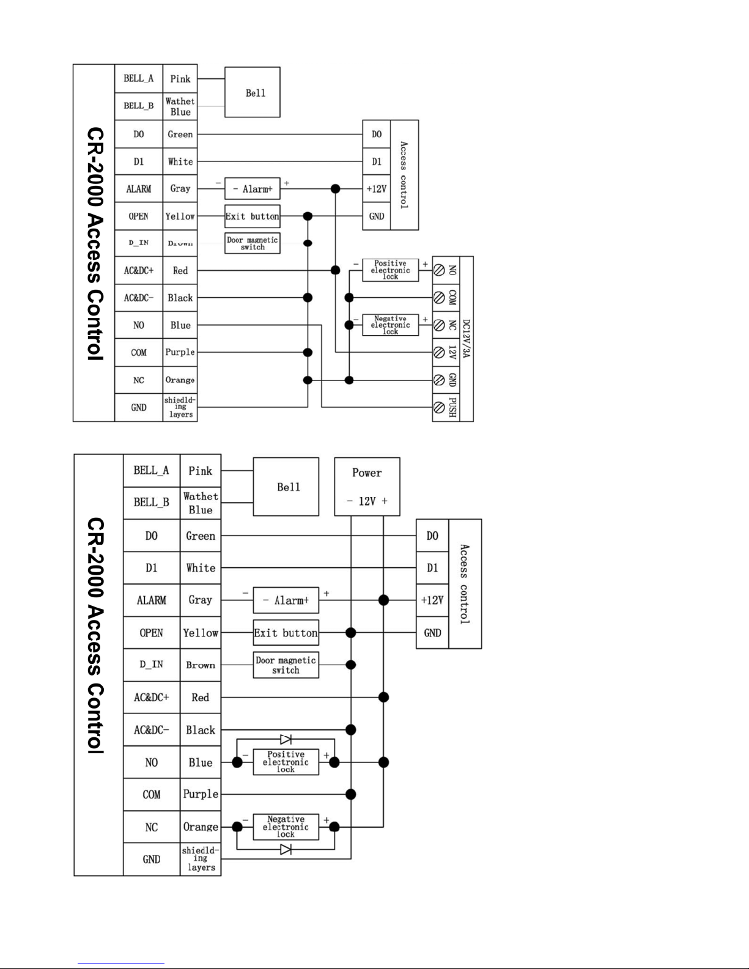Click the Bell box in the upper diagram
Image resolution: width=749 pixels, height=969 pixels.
(x=252, y=92)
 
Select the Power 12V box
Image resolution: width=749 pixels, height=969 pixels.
(x=367, y=487)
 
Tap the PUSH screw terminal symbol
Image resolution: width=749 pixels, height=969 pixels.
(x=438, y=407)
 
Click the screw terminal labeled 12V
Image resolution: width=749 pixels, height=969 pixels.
(x=438, y=352)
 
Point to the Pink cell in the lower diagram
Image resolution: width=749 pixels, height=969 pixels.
(x=200, y=471)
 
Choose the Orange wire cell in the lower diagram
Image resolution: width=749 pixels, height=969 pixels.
(x=200, y=827)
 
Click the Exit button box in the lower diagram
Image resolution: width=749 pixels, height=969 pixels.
(x=286, y=633)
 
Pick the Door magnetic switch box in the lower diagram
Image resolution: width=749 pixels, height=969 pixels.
(x=286, y=665)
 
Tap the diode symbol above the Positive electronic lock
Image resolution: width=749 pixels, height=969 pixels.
(x=286, y=739)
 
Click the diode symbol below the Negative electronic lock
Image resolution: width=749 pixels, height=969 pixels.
(x=286, y=849)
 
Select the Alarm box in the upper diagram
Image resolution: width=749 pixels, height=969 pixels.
(x=252, y=189)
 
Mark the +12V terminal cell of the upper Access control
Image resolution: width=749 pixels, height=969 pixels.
(x=376, y=189)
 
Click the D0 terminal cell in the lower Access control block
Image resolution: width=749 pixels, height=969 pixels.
(x=432, y=536)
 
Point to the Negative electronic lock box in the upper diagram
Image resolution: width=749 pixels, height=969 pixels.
(x=390, y=325)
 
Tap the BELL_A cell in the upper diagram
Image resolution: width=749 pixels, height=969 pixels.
(x=138, y=78)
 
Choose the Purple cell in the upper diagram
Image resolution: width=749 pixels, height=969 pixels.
(x=180, y=352)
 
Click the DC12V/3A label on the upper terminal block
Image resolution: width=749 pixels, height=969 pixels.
(x=466, y=338)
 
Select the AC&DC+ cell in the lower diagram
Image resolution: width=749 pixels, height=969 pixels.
(x=151, y=697)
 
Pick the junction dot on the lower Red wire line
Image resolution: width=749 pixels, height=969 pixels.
(x=383, y=697)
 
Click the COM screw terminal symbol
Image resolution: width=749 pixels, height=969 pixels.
(x=438, y=298)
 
